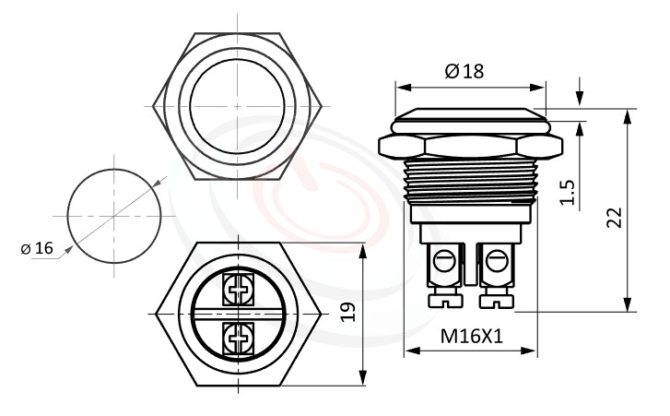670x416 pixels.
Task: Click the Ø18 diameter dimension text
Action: [x=464, y=71]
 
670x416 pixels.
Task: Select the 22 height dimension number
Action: [x=614, y=217]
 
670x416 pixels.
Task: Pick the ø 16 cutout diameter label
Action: [x=37, y=248]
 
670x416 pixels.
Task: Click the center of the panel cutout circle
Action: [x=116, y=216]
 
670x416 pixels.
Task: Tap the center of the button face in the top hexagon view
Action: [x=238, y=106]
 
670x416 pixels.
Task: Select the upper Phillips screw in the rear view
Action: [x=239, y=290]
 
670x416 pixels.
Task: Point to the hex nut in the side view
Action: [x=471, y=146]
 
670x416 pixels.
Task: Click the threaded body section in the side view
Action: [x=471, y=181]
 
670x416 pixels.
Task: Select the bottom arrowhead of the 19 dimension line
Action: [x=364, y=378]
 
